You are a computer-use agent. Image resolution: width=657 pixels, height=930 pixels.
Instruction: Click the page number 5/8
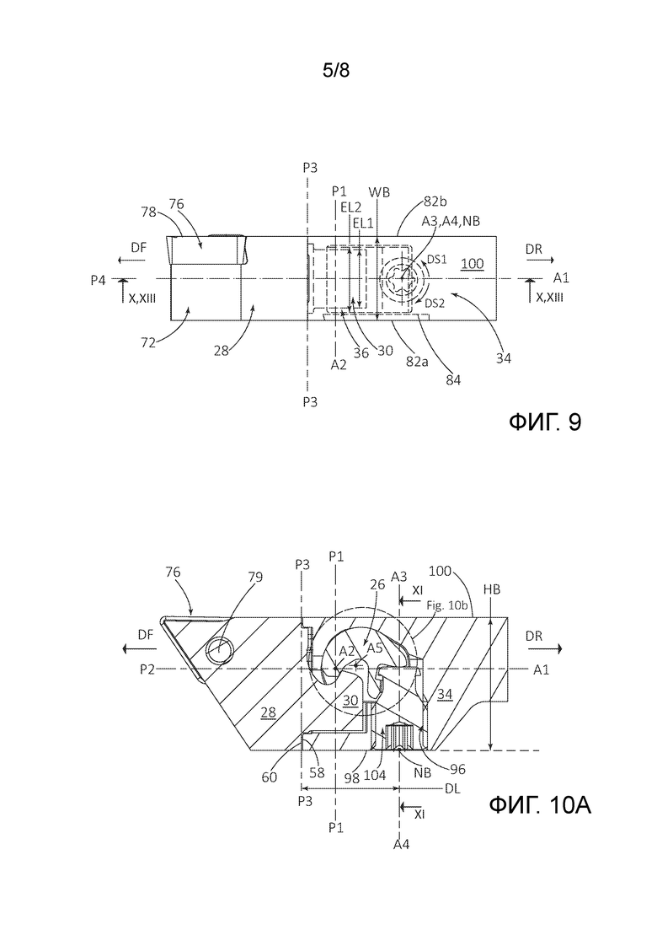[x=336, y=71]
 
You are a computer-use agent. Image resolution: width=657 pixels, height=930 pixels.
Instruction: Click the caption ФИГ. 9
[x=545, y=422]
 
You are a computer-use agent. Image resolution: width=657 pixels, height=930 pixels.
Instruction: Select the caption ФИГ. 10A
[x=540, y=805]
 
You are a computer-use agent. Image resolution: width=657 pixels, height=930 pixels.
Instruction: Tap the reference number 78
[x=149, y=211]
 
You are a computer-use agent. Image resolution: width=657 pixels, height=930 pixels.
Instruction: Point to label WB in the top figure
[x=380, y=192]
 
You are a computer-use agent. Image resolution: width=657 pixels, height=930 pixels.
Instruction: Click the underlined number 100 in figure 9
[x=473, y=263]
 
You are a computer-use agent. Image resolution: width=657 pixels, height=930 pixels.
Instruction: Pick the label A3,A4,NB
[x=451, y=221]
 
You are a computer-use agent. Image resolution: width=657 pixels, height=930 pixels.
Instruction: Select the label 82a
[x=416, y=360]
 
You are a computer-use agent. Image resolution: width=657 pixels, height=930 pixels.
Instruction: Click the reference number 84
[x=452, y=379]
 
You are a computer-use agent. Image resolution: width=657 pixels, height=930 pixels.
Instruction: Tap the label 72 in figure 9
[x=148, y=342]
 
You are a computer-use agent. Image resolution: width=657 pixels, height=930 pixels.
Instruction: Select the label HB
[x=492, y=589]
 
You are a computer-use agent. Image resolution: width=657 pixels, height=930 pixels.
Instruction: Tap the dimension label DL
[x=452, y=789]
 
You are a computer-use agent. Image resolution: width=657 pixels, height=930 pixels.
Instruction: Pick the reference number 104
[x=376, y=775]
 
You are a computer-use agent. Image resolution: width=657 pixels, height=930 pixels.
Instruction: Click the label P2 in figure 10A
[x=148, y=669]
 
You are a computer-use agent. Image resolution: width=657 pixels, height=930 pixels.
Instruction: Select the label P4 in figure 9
[x=99, y=280]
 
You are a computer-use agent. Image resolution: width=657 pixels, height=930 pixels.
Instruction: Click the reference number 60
[x=270, y=777]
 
